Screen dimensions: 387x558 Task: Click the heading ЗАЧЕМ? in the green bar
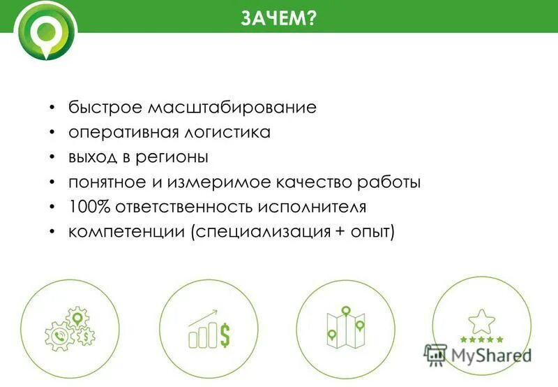(278, 17)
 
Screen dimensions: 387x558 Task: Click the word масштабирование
(233, 108)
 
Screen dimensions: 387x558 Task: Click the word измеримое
(222, 182)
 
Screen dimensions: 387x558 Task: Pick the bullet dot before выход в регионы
(53, 157)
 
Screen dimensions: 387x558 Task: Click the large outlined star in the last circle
(481, 321)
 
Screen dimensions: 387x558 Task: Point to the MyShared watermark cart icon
(435, 354)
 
